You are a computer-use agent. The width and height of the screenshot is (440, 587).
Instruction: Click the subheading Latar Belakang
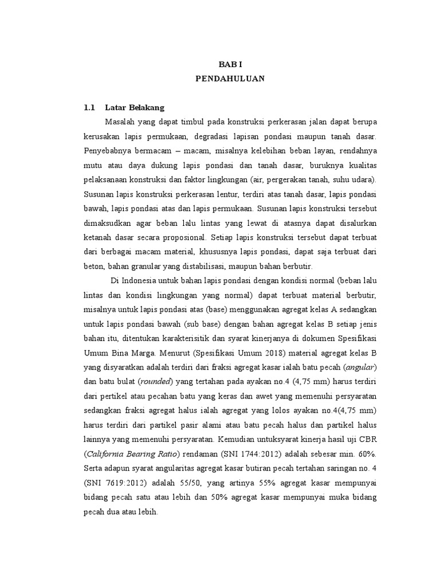coord(135,107)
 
